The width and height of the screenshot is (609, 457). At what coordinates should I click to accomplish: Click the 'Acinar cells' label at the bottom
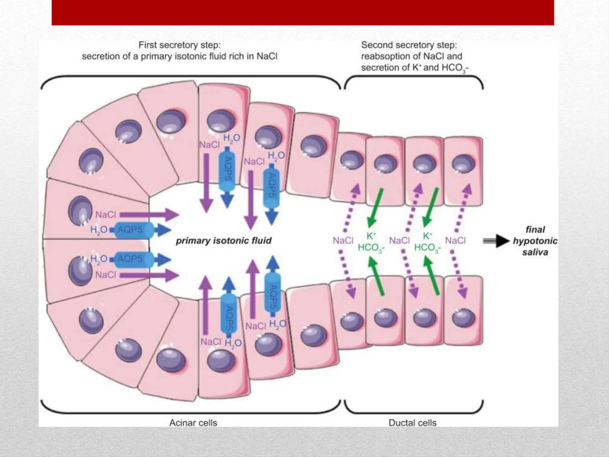click(193, 423)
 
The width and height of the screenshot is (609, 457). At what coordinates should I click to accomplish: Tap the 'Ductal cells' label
click(412, 423)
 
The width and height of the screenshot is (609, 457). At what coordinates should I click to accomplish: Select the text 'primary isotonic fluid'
click(224, 240)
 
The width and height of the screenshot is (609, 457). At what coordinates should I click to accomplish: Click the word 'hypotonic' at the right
click(535, 241)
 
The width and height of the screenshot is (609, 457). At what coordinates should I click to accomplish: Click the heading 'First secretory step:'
click(180, 45)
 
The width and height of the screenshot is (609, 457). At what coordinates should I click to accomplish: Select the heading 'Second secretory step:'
click(409, 45)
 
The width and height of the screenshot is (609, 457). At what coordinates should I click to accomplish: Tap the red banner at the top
click(303, 12)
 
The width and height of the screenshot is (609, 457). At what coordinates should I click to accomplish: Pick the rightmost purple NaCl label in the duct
click(455, 240)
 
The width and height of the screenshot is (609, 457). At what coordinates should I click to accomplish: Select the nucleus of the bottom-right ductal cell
click(463, 318)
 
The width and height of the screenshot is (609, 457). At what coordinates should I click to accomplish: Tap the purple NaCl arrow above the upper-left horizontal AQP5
click(149, 215)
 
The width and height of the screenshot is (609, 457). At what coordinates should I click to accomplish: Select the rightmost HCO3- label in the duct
click(427, 248)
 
